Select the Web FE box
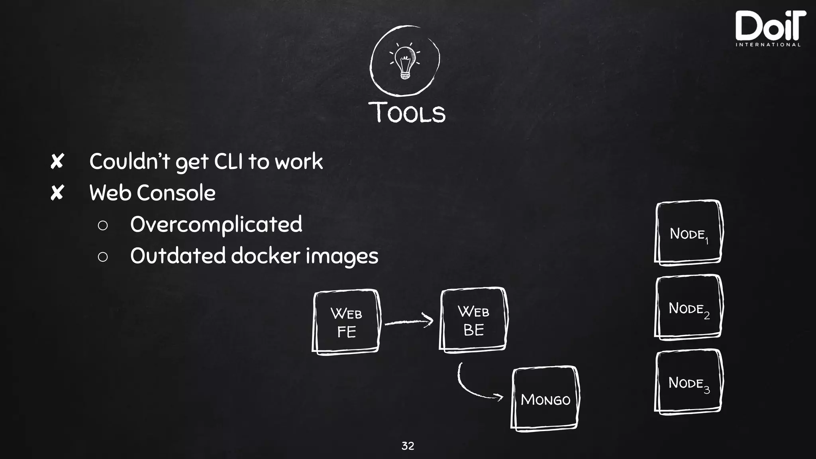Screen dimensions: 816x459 [346, 322]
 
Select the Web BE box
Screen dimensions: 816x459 [473, 320]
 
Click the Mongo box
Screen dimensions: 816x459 [545, 398]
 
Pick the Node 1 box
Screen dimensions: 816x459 [688, 232]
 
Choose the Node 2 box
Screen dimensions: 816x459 [688, 307]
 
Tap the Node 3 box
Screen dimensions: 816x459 [688, 382]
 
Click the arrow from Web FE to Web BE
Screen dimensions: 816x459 [409, 321]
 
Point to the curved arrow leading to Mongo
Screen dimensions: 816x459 [474, 387]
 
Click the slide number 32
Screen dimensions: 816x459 [408, 446]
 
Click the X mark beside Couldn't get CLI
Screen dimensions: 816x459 [57, 162]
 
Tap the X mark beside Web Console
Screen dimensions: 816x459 [57, 193]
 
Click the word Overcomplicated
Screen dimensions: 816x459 [216, 224]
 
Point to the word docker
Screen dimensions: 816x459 [265, 255]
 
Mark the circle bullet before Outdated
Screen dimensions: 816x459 [102, 257]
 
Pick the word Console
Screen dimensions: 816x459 [176, 193]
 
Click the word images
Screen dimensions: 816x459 [342, 256]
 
